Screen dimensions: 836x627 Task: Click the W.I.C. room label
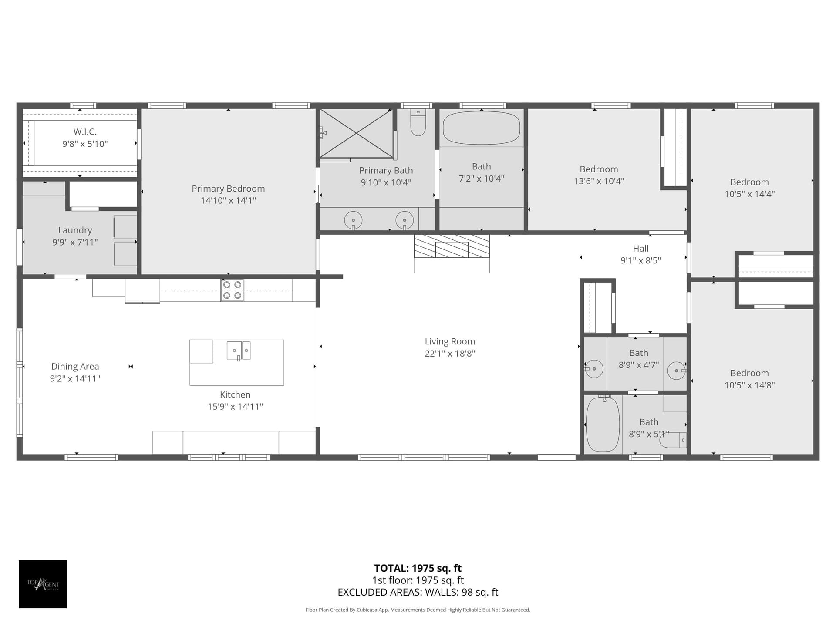point(85,131)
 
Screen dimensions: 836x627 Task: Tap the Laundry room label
point(75,230)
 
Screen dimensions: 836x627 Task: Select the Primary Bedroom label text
point(228,189)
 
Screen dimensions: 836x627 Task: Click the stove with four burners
point(232,290)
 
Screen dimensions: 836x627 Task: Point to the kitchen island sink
point(239,351)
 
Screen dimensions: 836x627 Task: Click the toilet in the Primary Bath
point(418,122)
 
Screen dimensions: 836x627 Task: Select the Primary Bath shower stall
point(357,133)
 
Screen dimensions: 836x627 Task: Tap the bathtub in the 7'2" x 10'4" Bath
point(482,128)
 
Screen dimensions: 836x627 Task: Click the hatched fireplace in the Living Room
point(452,246)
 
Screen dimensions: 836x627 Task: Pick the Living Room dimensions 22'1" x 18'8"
point(450,354)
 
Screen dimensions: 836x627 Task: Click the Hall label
point(641,249)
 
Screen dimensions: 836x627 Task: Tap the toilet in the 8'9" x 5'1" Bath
point(673,440)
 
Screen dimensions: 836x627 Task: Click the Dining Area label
point(75,367)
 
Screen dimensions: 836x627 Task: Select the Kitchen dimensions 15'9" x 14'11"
point(235,407)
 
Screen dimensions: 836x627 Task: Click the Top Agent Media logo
point(43,584)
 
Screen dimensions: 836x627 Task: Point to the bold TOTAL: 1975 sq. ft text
point(418,568)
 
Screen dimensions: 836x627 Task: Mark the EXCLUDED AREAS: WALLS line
point(418,592)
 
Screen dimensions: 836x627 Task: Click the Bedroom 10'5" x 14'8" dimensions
point(749,385)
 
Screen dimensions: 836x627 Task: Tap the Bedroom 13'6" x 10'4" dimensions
point(599,181)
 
